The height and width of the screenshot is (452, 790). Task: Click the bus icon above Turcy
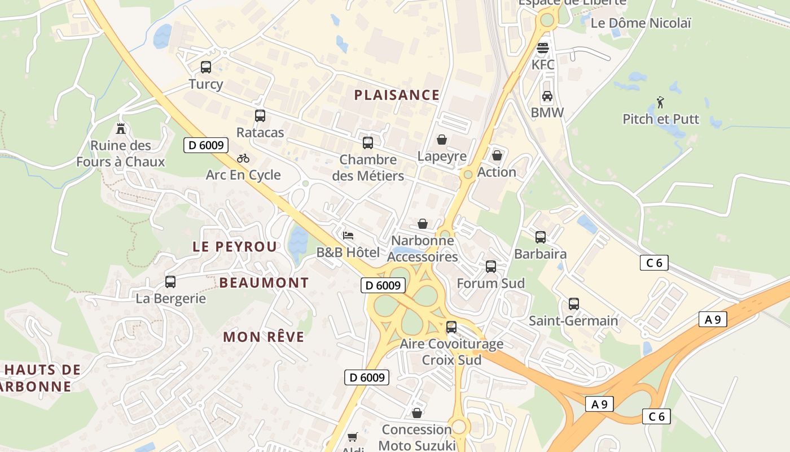206,67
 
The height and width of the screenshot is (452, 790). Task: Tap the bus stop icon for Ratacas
260,116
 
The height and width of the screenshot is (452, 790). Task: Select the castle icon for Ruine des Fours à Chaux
120,129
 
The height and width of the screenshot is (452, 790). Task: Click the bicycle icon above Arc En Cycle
243,158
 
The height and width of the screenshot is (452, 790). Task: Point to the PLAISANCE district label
397,95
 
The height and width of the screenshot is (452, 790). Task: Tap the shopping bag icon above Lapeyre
442,140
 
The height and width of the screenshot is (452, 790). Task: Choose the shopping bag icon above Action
497,155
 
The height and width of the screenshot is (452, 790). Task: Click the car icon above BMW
547,96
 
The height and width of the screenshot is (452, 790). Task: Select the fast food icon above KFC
543,48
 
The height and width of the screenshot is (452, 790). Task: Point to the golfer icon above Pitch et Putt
661,102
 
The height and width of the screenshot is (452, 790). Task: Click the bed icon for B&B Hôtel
348,235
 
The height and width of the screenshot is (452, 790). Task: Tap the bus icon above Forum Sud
491,267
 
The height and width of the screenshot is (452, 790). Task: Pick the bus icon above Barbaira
541,237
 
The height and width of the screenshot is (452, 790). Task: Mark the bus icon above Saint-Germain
574,304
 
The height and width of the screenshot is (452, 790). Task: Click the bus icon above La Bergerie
170,281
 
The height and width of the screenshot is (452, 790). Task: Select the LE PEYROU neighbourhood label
235,247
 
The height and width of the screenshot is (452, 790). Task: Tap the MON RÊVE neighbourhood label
264,337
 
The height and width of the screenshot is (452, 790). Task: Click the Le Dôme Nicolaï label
640,23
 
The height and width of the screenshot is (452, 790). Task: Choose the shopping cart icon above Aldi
353,437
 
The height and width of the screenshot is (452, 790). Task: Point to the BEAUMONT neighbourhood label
264,282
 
